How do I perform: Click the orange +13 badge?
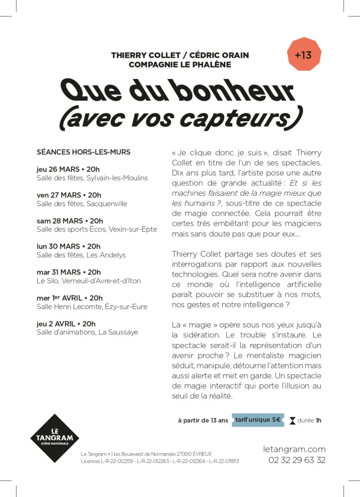point(303,55)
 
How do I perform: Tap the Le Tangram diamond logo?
point(54,438)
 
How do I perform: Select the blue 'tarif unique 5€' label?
point(258,420)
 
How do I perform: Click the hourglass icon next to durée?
point(292,420)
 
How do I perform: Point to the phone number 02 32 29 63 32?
point(297,460)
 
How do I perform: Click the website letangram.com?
point(294,449)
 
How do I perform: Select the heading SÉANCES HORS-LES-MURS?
point(84,152)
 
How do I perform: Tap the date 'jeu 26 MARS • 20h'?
point(68,169)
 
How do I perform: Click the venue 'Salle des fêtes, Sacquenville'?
point(82,204)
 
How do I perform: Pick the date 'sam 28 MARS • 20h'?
point(70,221)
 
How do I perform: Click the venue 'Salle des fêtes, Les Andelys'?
point(81,255)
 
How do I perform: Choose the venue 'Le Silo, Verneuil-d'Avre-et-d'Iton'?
point(89,281)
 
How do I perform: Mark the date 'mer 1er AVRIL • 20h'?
point(70,298)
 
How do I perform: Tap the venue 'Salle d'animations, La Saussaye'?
point(87,332)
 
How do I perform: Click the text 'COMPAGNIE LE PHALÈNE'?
point(180,65)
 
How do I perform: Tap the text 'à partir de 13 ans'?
point(203,420)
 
